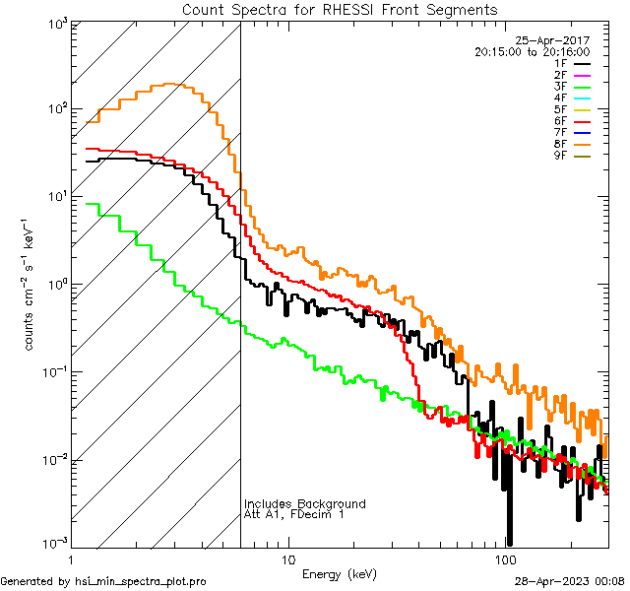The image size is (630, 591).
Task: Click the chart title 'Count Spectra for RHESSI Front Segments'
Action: [340, 10]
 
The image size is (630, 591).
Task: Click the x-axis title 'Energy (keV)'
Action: [339, 573]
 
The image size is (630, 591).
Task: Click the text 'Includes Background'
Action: [305, 503]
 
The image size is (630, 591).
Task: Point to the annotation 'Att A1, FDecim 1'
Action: [294, 514]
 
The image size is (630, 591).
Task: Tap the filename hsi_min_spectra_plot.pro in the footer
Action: [141, 582]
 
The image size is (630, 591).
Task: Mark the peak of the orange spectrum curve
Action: [169, 85]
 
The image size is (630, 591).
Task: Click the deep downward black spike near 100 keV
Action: [509, 532]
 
